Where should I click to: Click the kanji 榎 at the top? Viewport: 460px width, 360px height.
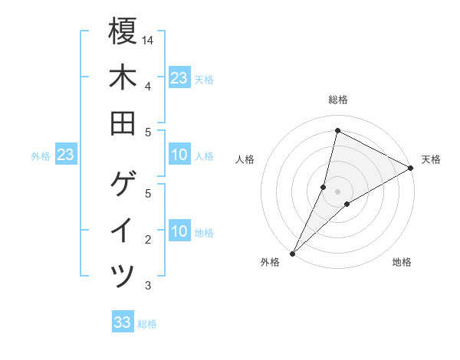tap(123, 33)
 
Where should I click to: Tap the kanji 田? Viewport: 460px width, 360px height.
tap(123, 123)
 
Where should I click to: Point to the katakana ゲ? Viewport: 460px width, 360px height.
tap(123, 183)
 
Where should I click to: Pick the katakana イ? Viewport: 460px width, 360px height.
tap(123, 229)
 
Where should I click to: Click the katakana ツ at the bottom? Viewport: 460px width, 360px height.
tap(123, 274)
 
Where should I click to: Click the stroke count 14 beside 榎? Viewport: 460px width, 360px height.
tap(148, 39)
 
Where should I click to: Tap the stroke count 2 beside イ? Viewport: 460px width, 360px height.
tap(147, 240)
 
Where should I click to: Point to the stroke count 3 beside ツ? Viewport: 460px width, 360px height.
tap(147, 286)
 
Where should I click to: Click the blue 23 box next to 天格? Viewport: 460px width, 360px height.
tap(179, 78)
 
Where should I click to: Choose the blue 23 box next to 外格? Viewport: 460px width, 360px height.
tap(65, 155)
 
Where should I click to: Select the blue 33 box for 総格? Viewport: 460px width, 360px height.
tap(122, 322)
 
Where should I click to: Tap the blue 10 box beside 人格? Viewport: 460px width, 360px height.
tap(179, 155)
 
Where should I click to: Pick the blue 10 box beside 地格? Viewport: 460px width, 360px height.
tap(179, 232)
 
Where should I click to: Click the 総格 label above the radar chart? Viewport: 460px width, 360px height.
tap(337, 100)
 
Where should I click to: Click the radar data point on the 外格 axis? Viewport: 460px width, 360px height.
tap(292, 253)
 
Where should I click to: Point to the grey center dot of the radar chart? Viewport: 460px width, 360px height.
tap(337, 191)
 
